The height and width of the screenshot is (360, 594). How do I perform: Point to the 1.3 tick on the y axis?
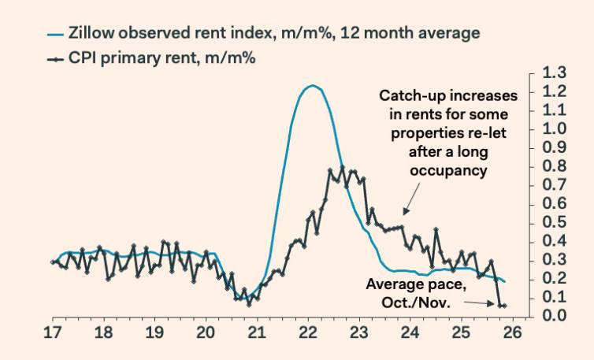click(555, 72)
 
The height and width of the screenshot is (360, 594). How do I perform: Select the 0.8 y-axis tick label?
click(555, 166)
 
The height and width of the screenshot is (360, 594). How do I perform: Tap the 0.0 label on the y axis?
click(555, 316)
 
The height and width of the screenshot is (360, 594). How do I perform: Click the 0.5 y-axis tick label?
click(555, 222)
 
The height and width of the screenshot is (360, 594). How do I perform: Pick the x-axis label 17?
click(54, 332)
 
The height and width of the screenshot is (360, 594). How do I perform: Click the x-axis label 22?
click(309, 332)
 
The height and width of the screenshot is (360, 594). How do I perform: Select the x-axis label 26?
click(512, 332)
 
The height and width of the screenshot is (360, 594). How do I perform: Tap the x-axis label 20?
click(206, 332)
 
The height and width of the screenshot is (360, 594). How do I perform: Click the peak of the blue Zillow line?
click(312, 85)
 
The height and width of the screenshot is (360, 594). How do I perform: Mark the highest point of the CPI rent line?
click(342, 167)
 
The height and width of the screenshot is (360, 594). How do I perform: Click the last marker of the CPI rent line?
click(504, 306)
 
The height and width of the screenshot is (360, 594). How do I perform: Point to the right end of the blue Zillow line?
click(505, 281)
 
